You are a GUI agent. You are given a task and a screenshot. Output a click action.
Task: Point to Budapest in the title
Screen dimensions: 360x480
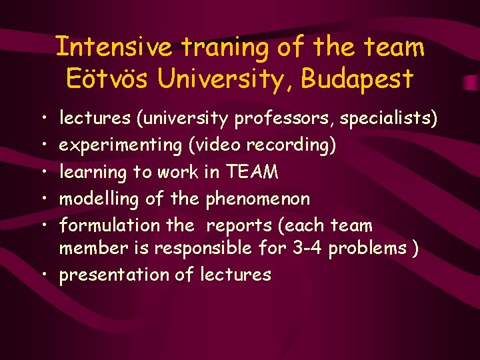(357, 79)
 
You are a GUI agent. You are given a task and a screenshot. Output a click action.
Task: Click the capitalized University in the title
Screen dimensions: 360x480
(226, 79)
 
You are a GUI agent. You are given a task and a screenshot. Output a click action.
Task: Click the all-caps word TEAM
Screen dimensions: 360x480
(252, 172)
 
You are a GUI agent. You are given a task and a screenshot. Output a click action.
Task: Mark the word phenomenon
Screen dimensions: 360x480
(258, 199)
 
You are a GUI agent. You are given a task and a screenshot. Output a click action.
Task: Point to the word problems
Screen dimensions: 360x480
(368, 249)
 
